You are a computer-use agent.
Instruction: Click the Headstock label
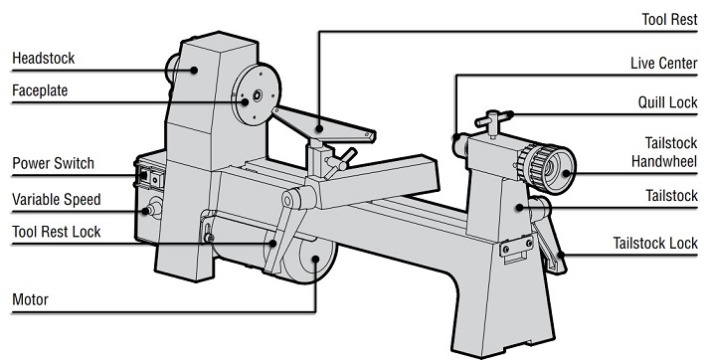click(x=43, y=59)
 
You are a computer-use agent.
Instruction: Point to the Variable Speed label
click(x=56, y=199)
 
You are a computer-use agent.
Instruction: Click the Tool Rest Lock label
click(x=56, y=233)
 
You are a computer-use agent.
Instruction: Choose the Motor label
click(x=30, y=298)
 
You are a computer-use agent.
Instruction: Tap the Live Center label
click(x=663, y=64)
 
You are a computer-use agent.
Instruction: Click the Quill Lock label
click(x=666, y=101)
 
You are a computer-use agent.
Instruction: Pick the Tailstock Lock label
click(x=655, y=243)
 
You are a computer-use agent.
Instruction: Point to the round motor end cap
click(x=315, y=263)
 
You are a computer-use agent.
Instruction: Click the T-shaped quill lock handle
click(x=495, y=120)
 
